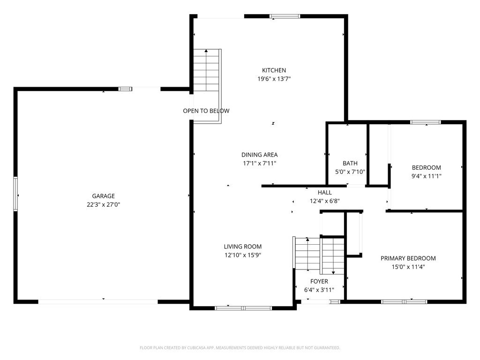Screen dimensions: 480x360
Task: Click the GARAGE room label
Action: point(104,196)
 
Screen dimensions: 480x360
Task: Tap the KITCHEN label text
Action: point(274,70)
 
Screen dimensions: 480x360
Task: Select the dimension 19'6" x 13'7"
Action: point(274,79)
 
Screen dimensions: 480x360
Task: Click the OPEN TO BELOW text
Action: point(206,111)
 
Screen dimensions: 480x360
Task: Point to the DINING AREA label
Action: point(260,155)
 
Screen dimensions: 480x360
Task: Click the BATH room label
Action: point(350,164)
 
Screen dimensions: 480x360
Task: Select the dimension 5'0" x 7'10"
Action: point(350,172)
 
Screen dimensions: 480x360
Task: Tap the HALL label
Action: point(325,193)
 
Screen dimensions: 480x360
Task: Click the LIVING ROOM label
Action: point(243,247)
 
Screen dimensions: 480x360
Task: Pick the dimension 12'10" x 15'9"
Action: point(243,255)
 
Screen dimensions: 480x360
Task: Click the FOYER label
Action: point(319,282)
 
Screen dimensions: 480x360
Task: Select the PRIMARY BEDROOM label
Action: point(408,258)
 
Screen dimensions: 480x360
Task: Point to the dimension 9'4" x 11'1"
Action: point(427,176)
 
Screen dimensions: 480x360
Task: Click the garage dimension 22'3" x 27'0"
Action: point(104,204)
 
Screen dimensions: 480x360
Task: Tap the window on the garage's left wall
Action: point(15,194)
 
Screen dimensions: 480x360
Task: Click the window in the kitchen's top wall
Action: point(285,16)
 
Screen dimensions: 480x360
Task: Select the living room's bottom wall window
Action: point(243,308)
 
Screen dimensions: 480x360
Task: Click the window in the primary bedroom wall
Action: point(404,302)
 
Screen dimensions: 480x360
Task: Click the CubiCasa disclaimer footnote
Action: point(240,348)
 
